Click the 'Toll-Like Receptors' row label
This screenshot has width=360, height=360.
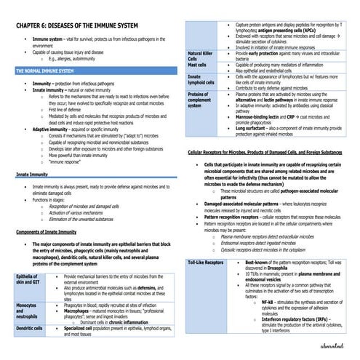point(206,261)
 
